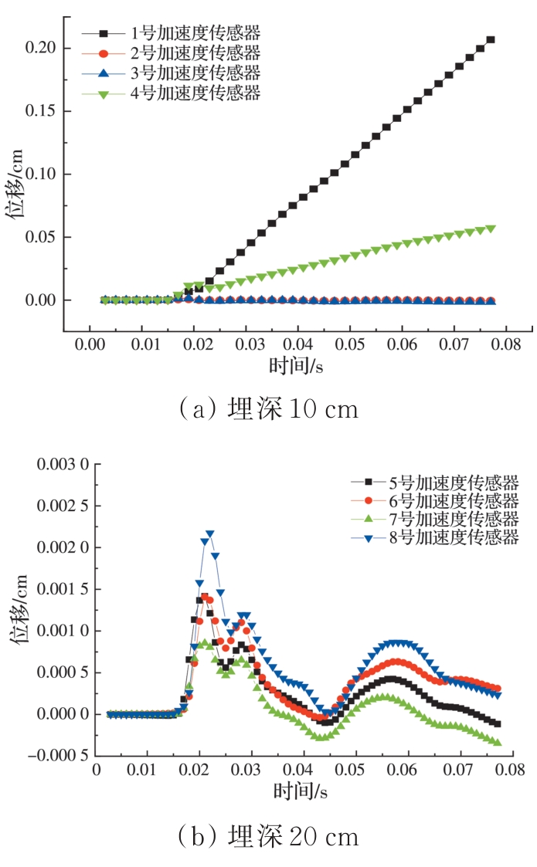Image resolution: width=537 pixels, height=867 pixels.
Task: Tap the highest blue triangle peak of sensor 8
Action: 209,533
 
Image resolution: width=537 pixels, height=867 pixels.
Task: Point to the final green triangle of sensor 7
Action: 497,742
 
